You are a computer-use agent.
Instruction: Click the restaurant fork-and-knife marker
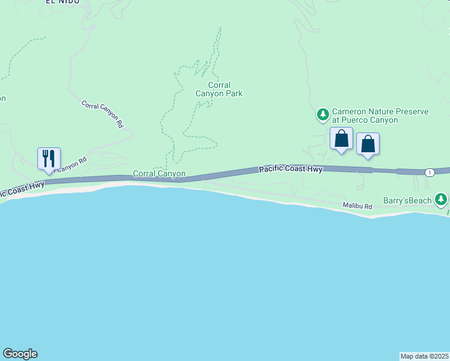point(49,159)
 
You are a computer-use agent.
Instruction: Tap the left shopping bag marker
point(342,138)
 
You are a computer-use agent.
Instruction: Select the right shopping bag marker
point(368,144)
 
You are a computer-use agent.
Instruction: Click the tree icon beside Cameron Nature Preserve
point(323,114)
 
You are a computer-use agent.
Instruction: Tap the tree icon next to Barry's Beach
point(442,199)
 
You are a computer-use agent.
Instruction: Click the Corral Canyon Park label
point(219,89)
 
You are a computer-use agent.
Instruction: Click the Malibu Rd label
point(357,206)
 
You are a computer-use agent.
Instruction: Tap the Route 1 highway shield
point(429,173)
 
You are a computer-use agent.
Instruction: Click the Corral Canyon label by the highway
point(159,174)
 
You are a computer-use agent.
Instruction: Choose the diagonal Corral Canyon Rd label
point(103,113)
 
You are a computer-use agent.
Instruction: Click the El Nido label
point(60,2)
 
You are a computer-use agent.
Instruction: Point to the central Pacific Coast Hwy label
point(291,170)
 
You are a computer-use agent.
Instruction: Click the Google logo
point(20,354)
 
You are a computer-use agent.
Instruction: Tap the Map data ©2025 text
point(424,356)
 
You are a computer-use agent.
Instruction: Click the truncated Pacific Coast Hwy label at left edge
point(22,189)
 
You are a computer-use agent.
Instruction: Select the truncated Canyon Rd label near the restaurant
point(72,163)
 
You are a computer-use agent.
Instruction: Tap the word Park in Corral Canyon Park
point(233,93)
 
